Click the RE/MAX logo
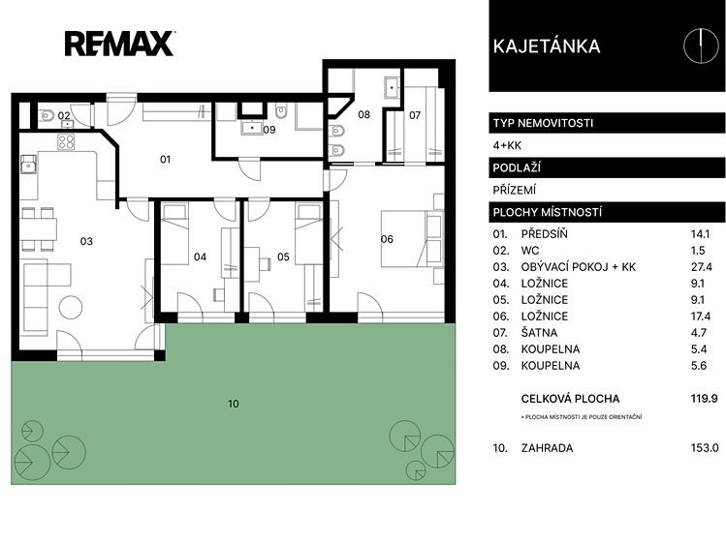[119, 44]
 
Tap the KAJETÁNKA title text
[547, 46]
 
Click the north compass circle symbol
[702, 45]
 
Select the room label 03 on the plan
[86, 241]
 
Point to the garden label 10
[234, 404]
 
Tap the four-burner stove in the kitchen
[66, 141]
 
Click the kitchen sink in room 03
[29, 165]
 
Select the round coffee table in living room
[71, 307]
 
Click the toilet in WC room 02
[46, 113]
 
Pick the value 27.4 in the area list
[700, 267]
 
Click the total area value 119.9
[704, 399]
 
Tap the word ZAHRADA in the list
[547, 448]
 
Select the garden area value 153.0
[705, 448]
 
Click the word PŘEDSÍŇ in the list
[544, 234]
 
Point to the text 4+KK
[507, 145]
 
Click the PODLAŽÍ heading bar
[607, 167]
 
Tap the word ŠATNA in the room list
[539, 332]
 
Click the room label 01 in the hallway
[166, 160]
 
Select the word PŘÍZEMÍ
[515, 190]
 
